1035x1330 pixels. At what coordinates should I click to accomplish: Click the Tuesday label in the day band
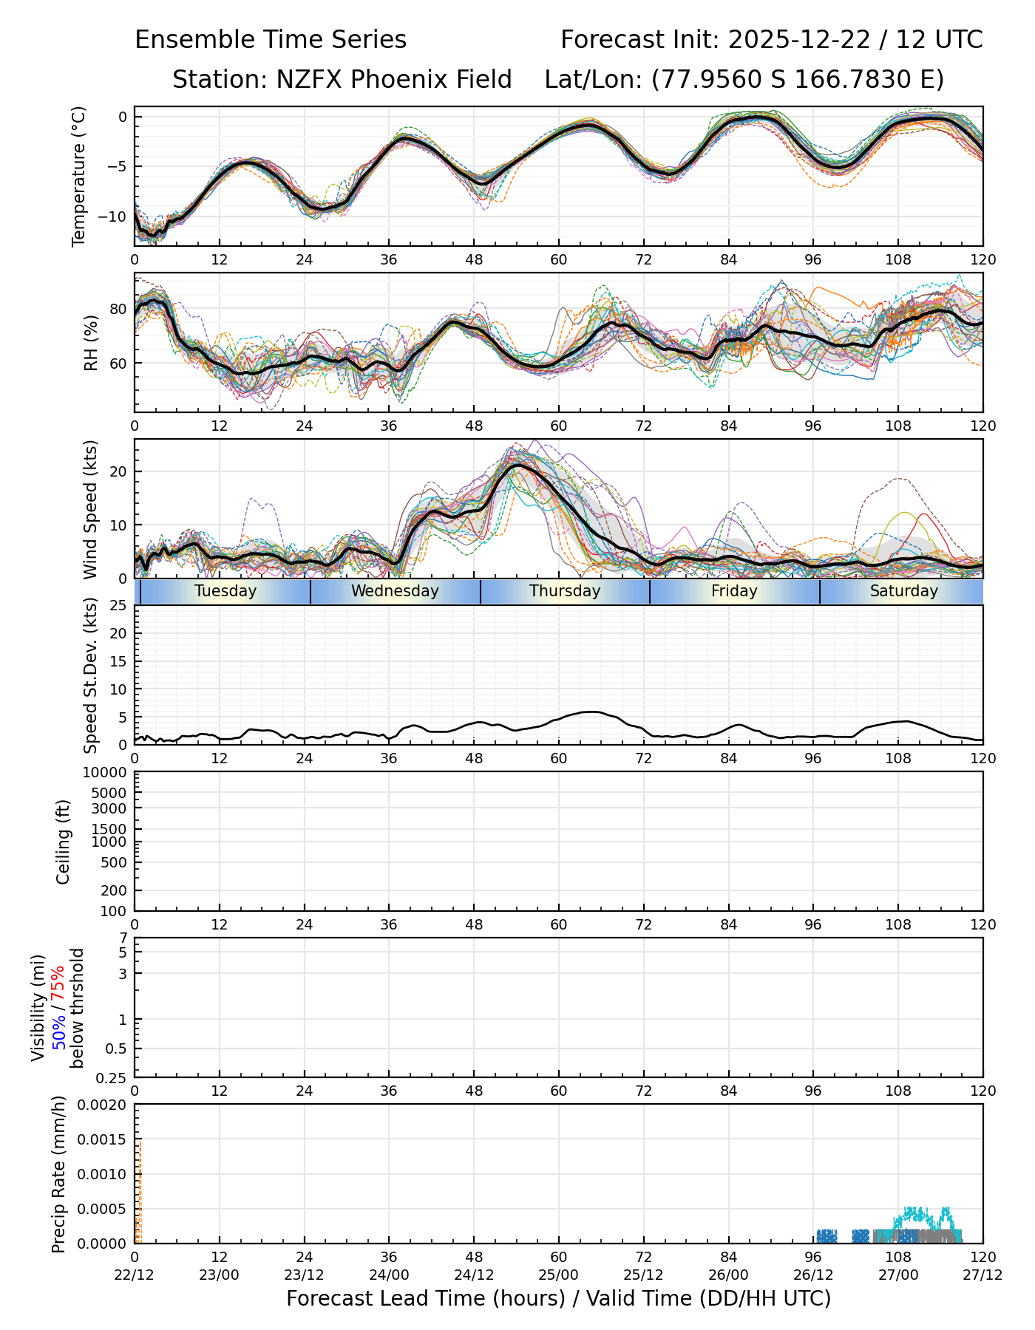click(225, 591)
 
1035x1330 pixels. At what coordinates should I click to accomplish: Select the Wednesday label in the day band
click(395, 591)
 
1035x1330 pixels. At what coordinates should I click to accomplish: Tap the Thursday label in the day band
click(565, 591)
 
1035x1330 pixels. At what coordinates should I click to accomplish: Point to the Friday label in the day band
click(734, 591)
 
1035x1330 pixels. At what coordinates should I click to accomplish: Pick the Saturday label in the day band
click(903, 591)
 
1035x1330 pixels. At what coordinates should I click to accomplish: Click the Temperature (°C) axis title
click(79, 176)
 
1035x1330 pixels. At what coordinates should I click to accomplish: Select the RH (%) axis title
click(91, 343)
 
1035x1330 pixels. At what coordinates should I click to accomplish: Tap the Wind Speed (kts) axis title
click(91, 509)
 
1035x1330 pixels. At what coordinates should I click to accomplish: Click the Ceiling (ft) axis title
click(64, 842)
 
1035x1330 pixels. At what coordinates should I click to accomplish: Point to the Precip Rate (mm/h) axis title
click(59, 1174)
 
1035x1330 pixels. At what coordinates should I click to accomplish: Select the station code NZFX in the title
click(305, 80)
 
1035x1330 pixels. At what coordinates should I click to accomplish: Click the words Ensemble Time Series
click(271, 40)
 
